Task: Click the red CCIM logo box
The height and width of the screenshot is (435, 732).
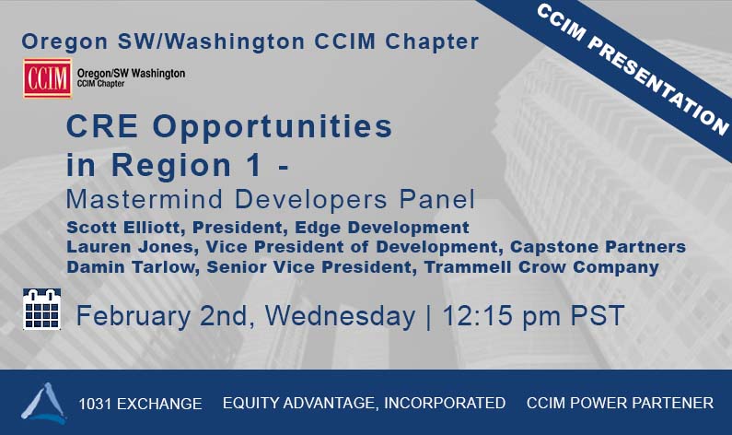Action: click(47, 78)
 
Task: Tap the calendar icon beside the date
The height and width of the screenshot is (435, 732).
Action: click(41, 309)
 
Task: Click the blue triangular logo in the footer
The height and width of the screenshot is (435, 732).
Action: click(43, 403)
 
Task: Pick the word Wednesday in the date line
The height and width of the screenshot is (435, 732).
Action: click(340, 316)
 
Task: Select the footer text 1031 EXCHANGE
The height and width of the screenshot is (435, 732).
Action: click(140, 404)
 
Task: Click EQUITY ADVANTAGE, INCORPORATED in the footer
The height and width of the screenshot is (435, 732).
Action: click(364, 403)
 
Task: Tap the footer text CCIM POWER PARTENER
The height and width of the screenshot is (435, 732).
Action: click(620, 403)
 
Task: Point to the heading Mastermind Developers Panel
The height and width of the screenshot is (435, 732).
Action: click(271, 198)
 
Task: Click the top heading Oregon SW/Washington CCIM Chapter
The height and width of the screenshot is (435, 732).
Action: click(250, 41)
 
